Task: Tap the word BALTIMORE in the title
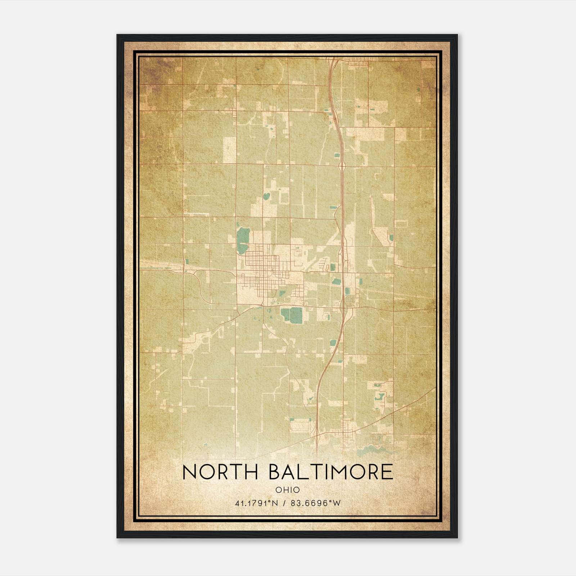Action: (331, 472)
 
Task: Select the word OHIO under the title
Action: (288, 490)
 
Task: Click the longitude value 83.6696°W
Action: (316, 503)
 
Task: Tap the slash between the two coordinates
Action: (285, 503)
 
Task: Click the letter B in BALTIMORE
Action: (275, 472)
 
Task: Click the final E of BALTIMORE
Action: (387, 472)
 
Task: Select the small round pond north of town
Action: (266, 196)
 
